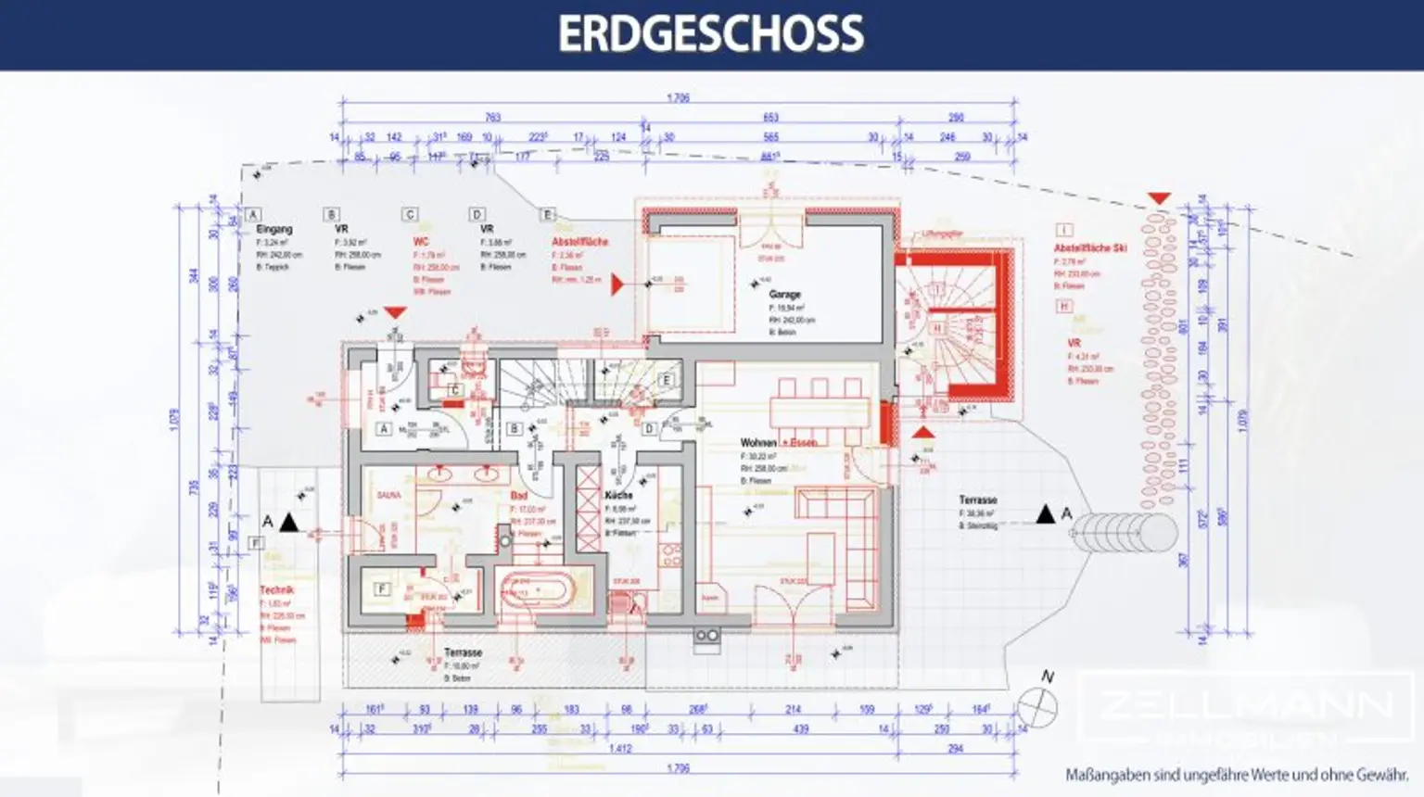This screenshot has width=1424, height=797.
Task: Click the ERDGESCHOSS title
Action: (711, 34)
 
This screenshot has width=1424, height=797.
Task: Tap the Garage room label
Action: (784, 295)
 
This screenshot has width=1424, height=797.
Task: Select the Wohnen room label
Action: (758, 443)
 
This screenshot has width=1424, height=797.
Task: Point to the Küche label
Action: (618, 496)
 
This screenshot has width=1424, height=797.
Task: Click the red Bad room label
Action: (518, 496)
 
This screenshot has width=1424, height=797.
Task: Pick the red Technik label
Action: (276, 590)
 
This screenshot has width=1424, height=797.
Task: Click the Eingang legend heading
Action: (274, 229)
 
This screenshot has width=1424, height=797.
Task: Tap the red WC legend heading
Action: (421, 241)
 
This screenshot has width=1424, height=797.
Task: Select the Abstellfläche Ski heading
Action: (1090, 248)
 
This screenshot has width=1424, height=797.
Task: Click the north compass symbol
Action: (1037, 708)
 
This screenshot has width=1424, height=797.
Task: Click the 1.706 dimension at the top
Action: (678, 98)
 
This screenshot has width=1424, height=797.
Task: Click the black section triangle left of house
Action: (289, 523)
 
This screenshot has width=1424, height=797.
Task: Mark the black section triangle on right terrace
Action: (1046, 513)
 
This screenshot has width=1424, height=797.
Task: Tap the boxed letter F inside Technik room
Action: (381, 589)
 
